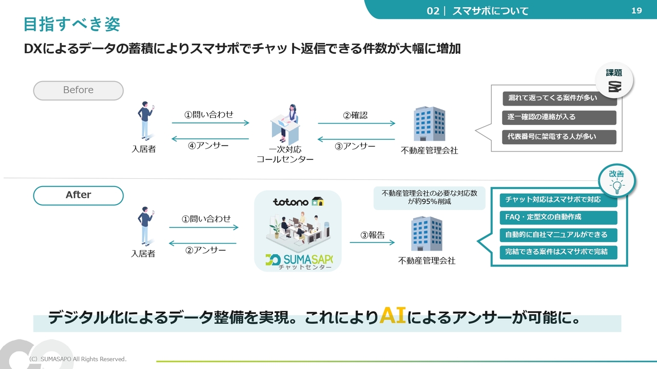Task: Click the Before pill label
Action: click(x=78, y=90)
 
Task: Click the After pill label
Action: click(x=78, y=195)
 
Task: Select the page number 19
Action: click(x=636, y=11)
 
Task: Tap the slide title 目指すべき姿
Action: click(x=72, y=24)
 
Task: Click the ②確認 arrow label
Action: click(x=355, y=115)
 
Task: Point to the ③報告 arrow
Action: click(x=372, y=242)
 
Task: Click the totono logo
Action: click(x=298, y=201)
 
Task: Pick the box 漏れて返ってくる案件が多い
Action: click(x=559, y=98)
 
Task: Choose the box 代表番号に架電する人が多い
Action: click(x=559, y=137)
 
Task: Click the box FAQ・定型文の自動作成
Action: click(x=558, y=217)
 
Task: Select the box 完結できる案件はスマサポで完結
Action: click(x=558, y=252)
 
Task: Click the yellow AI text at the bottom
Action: click(x=393, y=316)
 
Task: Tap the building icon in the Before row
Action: click(x=429, y=124)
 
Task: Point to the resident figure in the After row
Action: click(x=145, y=227)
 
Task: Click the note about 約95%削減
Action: click(x=429, y=197)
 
